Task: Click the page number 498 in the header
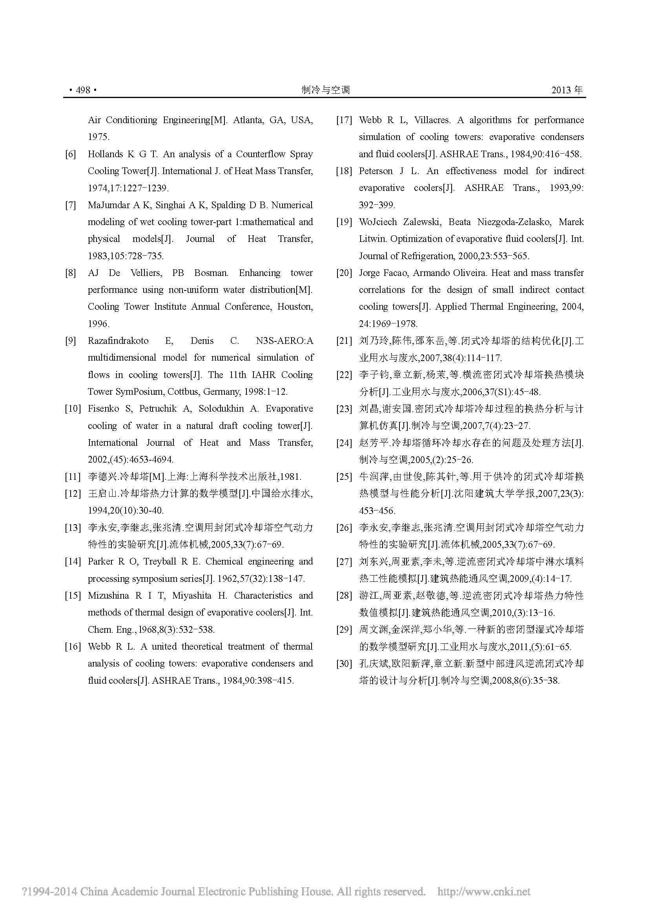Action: [x=83, y=90]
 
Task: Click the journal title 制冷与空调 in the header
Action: [x=326, y=90]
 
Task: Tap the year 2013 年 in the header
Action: [x=567, y=90]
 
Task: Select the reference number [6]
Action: [x=71, y=154]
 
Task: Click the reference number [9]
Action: [x=71, y=341]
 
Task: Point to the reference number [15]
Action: [x=73, y=596]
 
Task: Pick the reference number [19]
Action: [x=344, y=222]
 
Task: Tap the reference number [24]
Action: [x=344, y=443]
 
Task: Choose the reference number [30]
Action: [x=344, y=664]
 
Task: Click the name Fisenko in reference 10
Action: [x=104, y=409]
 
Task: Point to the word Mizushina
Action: [x=109, y=596]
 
